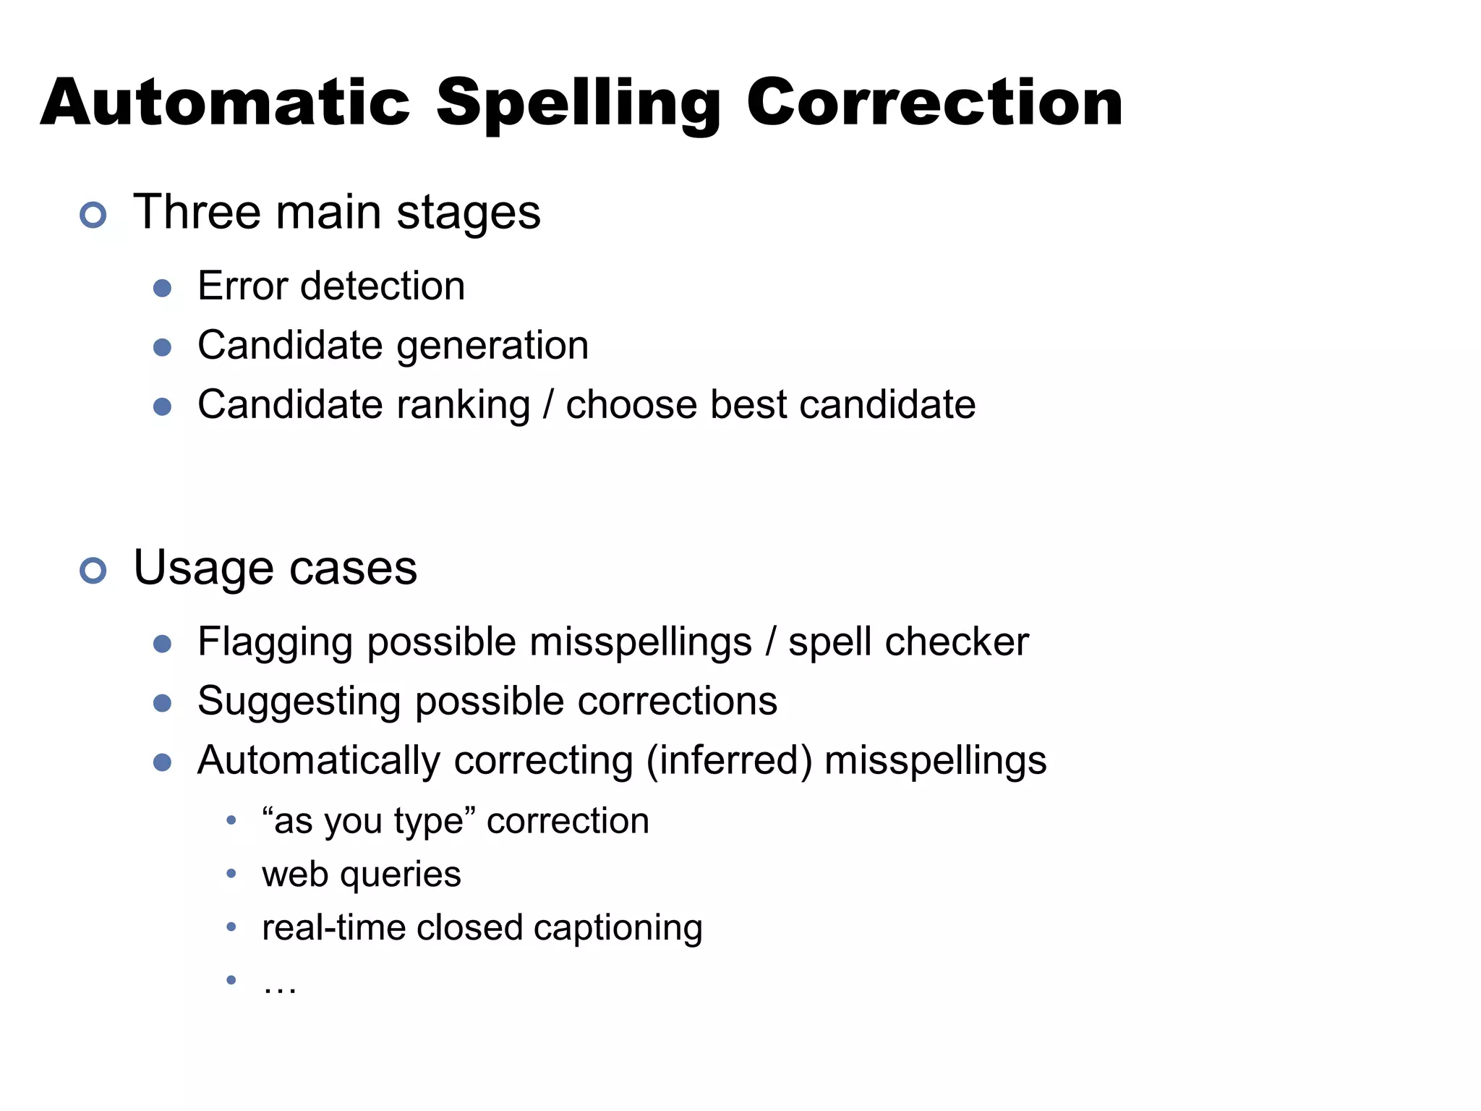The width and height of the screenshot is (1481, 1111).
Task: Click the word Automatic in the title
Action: point(225,103)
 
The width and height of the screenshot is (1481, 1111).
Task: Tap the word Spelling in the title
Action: point(579,103)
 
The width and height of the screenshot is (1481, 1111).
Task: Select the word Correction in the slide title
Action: point(934,103)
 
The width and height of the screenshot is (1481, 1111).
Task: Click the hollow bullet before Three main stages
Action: point(93,215)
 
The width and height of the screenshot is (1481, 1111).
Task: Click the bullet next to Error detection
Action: point(163,289)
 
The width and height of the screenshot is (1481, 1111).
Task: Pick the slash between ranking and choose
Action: point(548,404)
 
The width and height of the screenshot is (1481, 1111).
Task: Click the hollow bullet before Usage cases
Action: point(93,571)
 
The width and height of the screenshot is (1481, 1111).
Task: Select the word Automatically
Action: point(318,761)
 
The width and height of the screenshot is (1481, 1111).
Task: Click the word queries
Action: point(400,875)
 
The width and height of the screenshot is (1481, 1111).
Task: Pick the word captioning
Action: point(618,929)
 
